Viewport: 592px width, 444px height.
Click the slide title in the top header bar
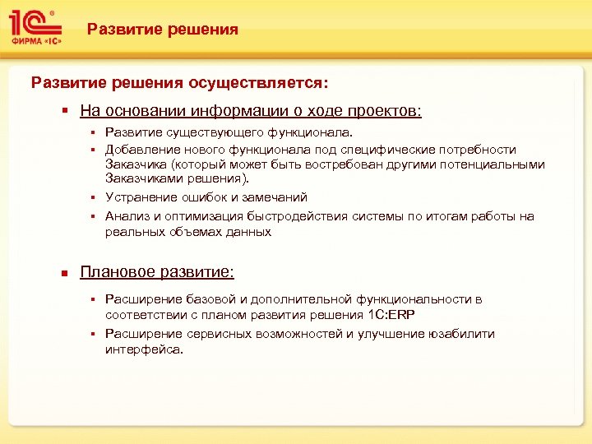point(163,30)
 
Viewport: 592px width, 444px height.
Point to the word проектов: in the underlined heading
point(386,110)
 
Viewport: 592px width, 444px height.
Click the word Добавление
point(139,150)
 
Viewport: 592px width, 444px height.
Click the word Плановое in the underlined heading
point(113,271)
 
